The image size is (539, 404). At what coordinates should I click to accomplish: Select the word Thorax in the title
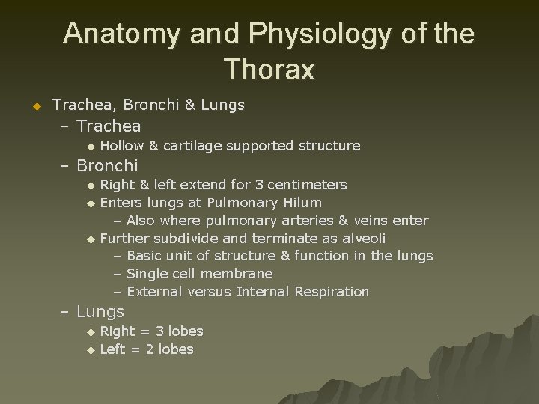tap(269, 70)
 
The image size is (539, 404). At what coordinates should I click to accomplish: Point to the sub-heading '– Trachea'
tap(99, 126)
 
